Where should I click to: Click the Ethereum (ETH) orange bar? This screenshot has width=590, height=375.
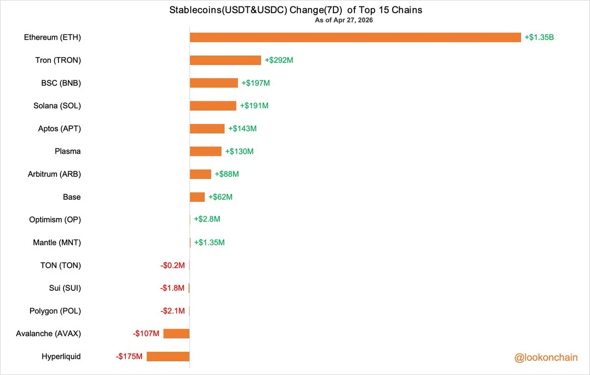coord(355,37)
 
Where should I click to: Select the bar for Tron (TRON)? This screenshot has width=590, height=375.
coord(226,60)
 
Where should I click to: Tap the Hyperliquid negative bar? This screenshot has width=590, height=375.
coord(168,356)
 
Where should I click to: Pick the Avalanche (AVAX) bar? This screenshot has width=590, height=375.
coord(177,334)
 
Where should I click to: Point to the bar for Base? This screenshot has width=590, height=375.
coord(197,197)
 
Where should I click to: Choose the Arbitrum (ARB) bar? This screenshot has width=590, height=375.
coord(201,174)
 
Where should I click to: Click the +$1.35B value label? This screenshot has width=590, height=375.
coord(539,37)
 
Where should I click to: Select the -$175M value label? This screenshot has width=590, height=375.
coord(129,356)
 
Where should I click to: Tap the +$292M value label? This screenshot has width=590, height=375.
coord(279,60)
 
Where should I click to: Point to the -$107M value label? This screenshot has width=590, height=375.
coord(146,334)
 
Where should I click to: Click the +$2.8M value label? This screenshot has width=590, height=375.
coord(207,219)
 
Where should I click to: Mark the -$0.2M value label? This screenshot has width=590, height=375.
coord(173,265)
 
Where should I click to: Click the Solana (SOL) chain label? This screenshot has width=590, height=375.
coord(57,106)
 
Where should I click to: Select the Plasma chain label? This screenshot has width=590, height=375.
coord(68,152)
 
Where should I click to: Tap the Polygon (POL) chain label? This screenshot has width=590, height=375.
coord(55,311)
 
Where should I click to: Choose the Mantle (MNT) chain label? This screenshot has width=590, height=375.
coord(57,243)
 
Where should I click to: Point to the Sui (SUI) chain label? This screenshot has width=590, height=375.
coord(65,288)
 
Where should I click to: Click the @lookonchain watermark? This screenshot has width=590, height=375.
coord(546,358)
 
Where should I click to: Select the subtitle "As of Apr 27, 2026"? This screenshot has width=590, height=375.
coord(344,20)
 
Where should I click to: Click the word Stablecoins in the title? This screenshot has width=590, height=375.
coord(195,10)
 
